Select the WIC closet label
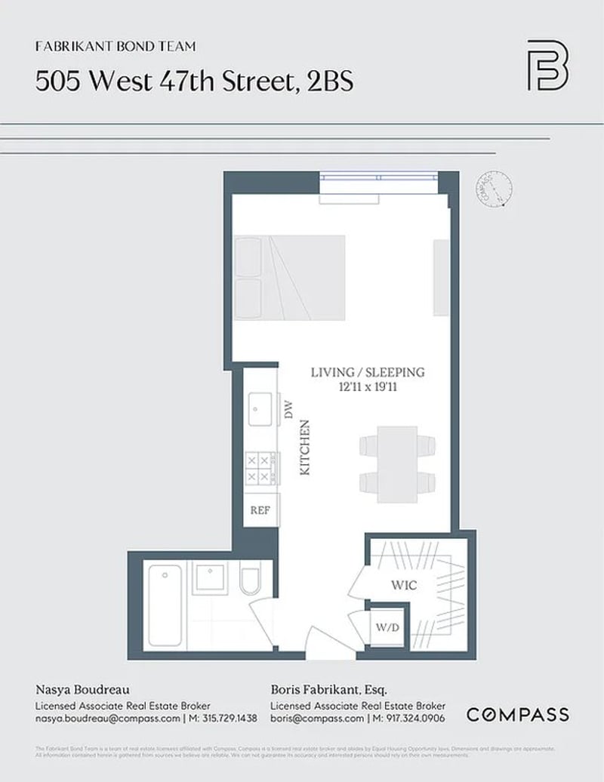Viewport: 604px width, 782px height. pos(404,585)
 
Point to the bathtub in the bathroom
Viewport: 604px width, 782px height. pos(165,605)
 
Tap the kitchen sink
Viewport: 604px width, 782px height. pos(261,411)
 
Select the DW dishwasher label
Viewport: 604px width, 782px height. pos(287,410)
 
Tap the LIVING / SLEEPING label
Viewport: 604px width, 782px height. pos(368,372)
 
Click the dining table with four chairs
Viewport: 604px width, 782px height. pos(397,464)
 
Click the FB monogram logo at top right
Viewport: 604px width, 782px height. pos(547,65)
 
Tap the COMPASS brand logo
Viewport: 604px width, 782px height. pos(517,714)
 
